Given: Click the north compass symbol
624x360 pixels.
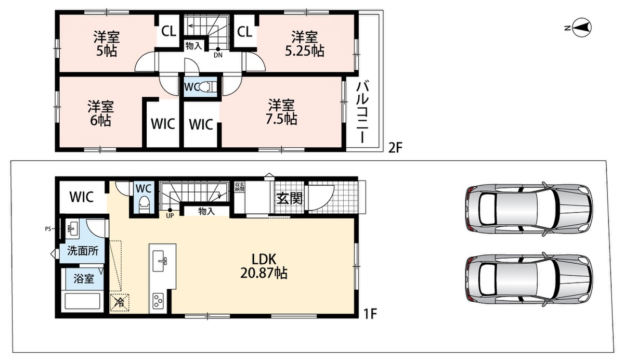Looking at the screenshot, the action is click(x=582, y=28).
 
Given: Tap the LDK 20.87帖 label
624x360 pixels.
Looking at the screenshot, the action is click(x=264, y=266).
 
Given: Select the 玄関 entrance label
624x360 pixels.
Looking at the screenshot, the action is click(x=290, y=199).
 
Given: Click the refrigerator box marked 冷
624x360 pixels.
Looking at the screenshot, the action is click(x=120, y=303).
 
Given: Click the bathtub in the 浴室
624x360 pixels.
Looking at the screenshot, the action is click(x=82, y=301).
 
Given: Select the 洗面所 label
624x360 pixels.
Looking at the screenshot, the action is click(x=83, y=251).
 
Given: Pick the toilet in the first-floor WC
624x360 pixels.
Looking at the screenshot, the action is click(x=144, y=204).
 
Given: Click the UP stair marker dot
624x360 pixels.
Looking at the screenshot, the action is click(x=170, y=210).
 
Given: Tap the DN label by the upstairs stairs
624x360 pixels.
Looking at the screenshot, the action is click(x=218, y=56).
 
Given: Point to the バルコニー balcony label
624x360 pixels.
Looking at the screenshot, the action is click(x=363, y=111).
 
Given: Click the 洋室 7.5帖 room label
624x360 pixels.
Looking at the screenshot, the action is click(x=281, y=112).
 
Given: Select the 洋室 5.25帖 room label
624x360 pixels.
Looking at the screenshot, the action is click(x=305, y=44).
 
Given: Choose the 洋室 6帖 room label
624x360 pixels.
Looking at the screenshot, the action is click(x=100, y=113).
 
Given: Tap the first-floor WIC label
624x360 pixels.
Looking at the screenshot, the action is click(x=81, y=197).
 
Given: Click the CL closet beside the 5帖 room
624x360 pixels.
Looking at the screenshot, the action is click(x=168, y=32).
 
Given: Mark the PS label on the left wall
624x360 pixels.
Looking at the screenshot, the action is click(x=48, y=229).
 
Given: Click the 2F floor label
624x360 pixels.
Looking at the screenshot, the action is click(x=396, y=147).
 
